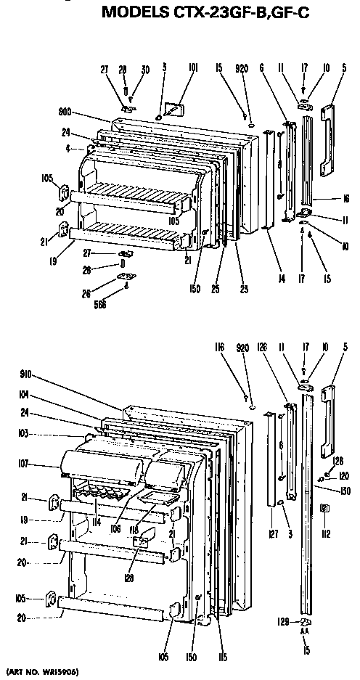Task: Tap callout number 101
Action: (x=193, y=69)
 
